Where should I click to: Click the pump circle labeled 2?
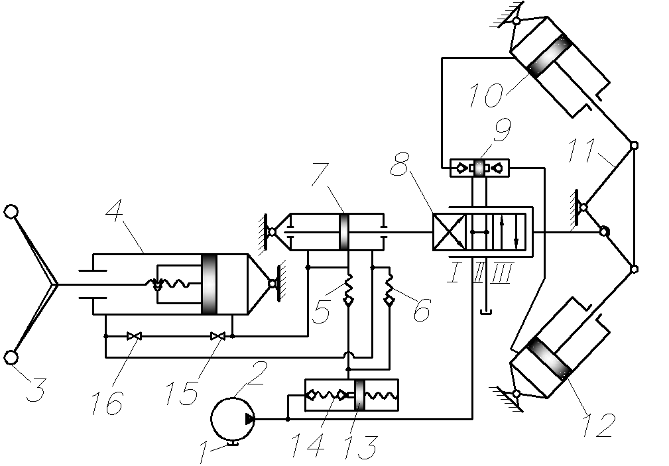[x=233, y=419]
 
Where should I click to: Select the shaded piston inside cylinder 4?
[x=209, y=284]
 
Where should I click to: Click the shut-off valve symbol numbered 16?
[x=135, y=336]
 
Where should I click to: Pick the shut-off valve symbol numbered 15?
[x=218, y=336]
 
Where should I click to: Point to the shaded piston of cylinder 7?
[x=344, y=232]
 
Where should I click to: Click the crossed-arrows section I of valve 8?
[x=449, y=232]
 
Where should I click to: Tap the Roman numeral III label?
[x=502, y=274]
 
